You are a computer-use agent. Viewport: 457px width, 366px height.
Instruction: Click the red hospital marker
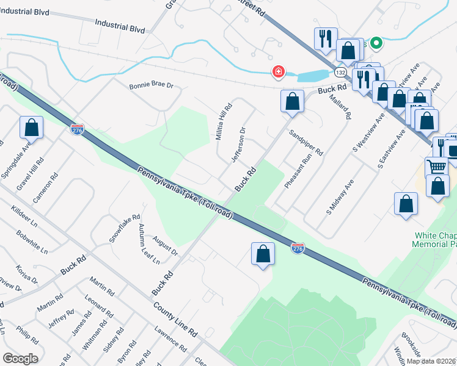click(x=279, y=73)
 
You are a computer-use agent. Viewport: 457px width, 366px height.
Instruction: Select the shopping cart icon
click(x=436, y=166)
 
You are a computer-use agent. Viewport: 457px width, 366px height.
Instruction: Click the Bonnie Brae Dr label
click(x=152, y=86)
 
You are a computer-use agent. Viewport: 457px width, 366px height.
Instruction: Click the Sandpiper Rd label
click(x=306, y=142)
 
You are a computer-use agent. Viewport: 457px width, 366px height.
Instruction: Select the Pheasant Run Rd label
click(x=297, y=170)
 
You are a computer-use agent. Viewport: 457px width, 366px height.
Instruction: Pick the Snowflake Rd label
click(x=125, y=228)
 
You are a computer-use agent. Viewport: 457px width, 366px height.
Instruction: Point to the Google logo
click(x=20, y=359)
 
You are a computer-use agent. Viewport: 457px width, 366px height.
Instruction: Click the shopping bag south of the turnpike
click(x=263, y=255)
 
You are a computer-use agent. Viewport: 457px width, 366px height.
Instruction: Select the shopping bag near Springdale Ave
click(x=32, y=128)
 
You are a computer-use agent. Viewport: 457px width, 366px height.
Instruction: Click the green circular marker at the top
click(x=377, y=43)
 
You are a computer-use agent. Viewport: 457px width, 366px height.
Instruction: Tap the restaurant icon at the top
click(x=324, y=39)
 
